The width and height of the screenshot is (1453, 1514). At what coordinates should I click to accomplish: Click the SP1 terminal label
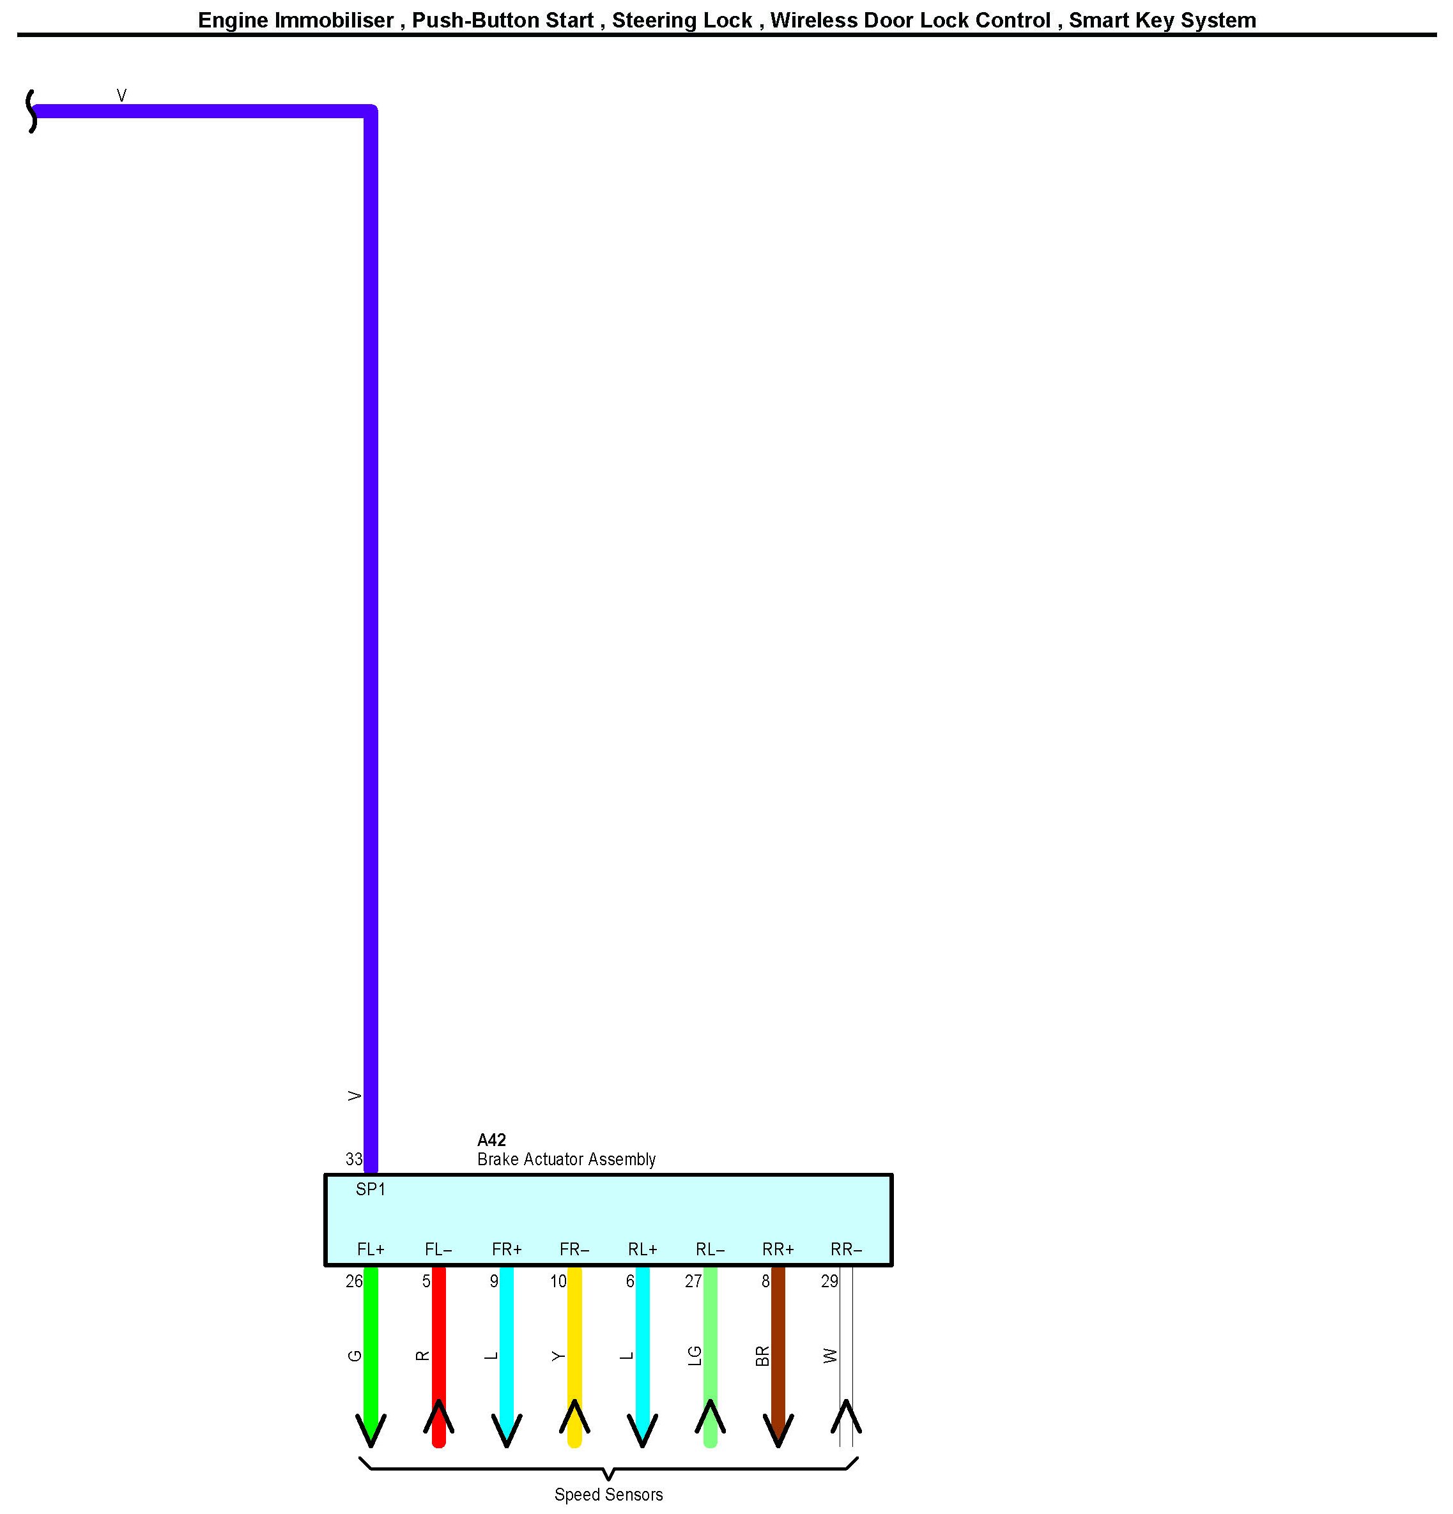click(x=370, y=1189)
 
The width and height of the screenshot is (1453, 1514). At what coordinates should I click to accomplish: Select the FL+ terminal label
click(x=371, y=1249)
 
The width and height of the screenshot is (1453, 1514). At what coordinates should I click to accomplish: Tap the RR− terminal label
click(x=846, y=1249)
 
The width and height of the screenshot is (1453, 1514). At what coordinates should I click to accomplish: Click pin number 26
click(x=354, y=1281)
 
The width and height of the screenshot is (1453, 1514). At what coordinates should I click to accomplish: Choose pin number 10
click(x=558, y=1281)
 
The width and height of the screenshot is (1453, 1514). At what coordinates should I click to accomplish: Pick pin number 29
click(x=829, y=1281)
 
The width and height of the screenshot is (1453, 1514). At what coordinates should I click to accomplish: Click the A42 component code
click(x=491, y=1140)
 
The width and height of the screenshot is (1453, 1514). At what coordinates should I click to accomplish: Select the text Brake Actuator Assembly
click(x=566, y=1159)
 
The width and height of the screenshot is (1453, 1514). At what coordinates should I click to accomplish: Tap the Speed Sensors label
click(x=609, y=1495)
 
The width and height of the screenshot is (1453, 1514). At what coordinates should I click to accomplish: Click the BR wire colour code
click(x=762, y=1356)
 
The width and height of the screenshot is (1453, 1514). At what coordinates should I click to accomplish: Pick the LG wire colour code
click(x=695, y=1356)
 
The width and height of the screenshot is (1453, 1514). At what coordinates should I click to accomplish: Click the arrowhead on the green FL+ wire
click(x=371, y=1429)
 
